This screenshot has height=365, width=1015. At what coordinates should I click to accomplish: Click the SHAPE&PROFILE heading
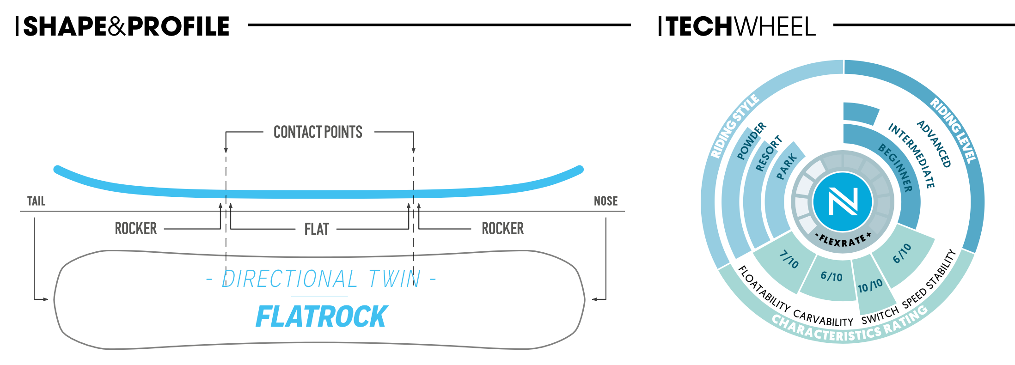[126, 26]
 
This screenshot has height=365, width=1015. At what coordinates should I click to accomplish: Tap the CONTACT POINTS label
[318, 132]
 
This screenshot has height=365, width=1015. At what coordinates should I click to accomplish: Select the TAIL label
[36, 201]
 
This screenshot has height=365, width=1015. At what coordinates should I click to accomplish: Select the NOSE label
[605, 201]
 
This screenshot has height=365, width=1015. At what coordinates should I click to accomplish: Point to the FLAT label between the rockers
[317, 229]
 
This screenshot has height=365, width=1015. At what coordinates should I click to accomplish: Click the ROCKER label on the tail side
[136, 229]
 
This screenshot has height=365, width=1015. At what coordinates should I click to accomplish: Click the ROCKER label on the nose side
[503, 229]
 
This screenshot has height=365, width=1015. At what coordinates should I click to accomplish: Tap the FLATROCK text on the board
[322, 317]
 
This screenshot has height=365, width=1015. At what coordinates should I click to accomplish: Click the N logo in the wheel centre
[843, 202]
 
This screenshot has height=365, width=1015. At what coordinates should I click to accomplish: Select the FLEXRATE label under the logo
[843, 240]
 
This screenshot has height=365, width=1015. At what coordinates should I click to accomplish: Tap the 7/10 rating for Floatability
[789, 259]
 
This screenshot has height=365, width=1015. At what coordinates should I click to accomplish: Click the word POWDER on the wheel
[751, 141]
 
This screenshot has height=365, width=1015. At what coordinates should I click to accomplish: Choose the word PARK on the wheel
[787, 167]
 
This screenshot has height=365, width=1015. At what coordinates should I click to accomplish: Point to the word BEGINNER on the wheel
[896, 168]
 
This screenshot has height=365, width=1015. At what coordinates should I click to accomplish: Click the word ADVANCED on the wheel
[934, 144]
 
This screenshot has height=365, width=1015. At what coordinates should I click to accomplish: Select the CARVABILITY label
[823, 318]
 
